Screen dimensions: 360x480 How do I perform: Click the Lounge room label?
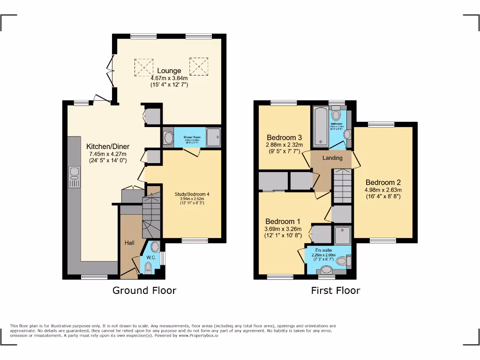click(169, 71)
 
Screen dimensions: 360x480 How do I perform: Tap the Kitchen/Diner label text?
click(107, 146)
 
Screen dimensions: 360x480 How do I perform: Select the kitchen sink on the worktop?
click(75, 177)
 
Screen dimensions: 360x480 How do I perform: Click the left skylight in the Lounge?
click(144, 67)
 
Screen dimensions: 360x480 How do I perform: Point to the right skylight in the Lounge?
click(198, 65)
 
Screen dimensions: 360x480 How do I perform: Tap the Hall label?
click(129, 243)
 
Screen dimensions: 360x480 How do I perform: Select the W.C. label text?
click(150, 257)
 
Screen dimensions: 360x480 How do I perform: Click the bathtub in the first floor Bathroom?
click(321, 126)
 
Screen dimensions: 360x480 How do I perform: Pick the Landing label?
click(332, 158)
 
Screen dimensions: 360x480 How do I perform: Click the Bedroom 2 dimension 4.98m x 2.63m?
click(383, 190)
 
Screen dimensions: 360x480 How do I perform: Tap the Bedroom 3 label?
click(284, 137)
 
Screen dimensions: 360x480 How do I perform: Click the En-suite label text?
click(323, 250)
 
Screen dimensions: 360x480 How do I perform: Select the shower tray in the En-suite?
click(343, 235)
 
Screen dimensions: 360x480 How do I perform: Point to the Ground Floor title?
click(144, 290)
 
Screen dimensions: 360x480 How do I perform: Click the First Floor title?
click(336, 290)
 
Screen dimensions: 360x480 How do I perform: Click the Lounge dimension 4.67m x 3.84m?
click(169, 78)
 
